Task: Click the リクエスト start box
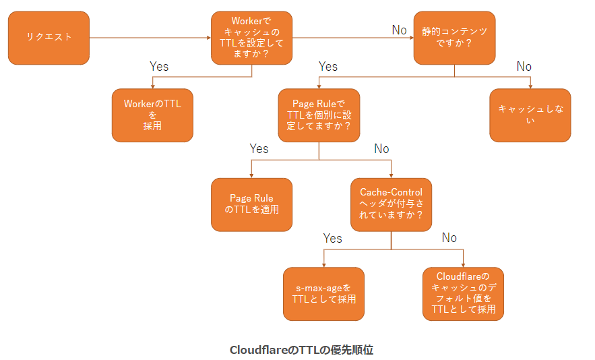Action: click(x=49, y=38)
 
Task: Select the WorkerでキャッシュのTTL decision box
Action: click(x=251, y=38)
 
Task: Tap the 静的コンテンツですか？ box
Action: click(x=453, y=38)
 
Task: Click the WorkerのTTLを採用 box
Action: click(x=152, y=115)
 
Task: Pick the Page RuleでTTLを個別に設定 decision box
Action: click(x=319, y=115)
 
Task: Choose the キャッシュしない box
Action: click(x=530, y=115)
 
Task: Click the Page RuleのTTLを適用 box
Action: click(x=251, y=204)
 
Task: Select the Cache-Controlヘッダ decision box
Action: click(x=391, y=204)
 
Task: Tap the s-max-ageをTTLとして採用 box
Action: click(x=323, y=293)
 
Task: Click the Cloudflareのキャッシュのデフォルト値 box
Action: click(x=463, y=293)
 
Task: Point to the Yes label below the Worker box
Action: click(x=159, y=67)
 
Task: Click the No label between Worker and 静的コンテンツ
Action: click(x=400, y=30)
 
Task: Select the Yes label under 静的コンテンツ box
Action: click(x=328, y=67)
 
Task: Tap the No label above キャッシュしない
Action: click(x=524, y=67)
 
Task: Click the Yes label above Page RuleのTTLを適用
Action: click(x=259, y=149)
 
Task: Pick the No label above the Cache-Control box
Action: click(x=381, y=149)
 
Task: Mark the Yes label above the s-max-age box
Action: click(x=332, y=238)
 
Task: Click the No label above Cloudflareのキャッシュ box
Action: click(x=449, y=238)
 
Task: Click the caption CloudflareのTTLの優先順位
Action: click(x=301, y=350)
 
